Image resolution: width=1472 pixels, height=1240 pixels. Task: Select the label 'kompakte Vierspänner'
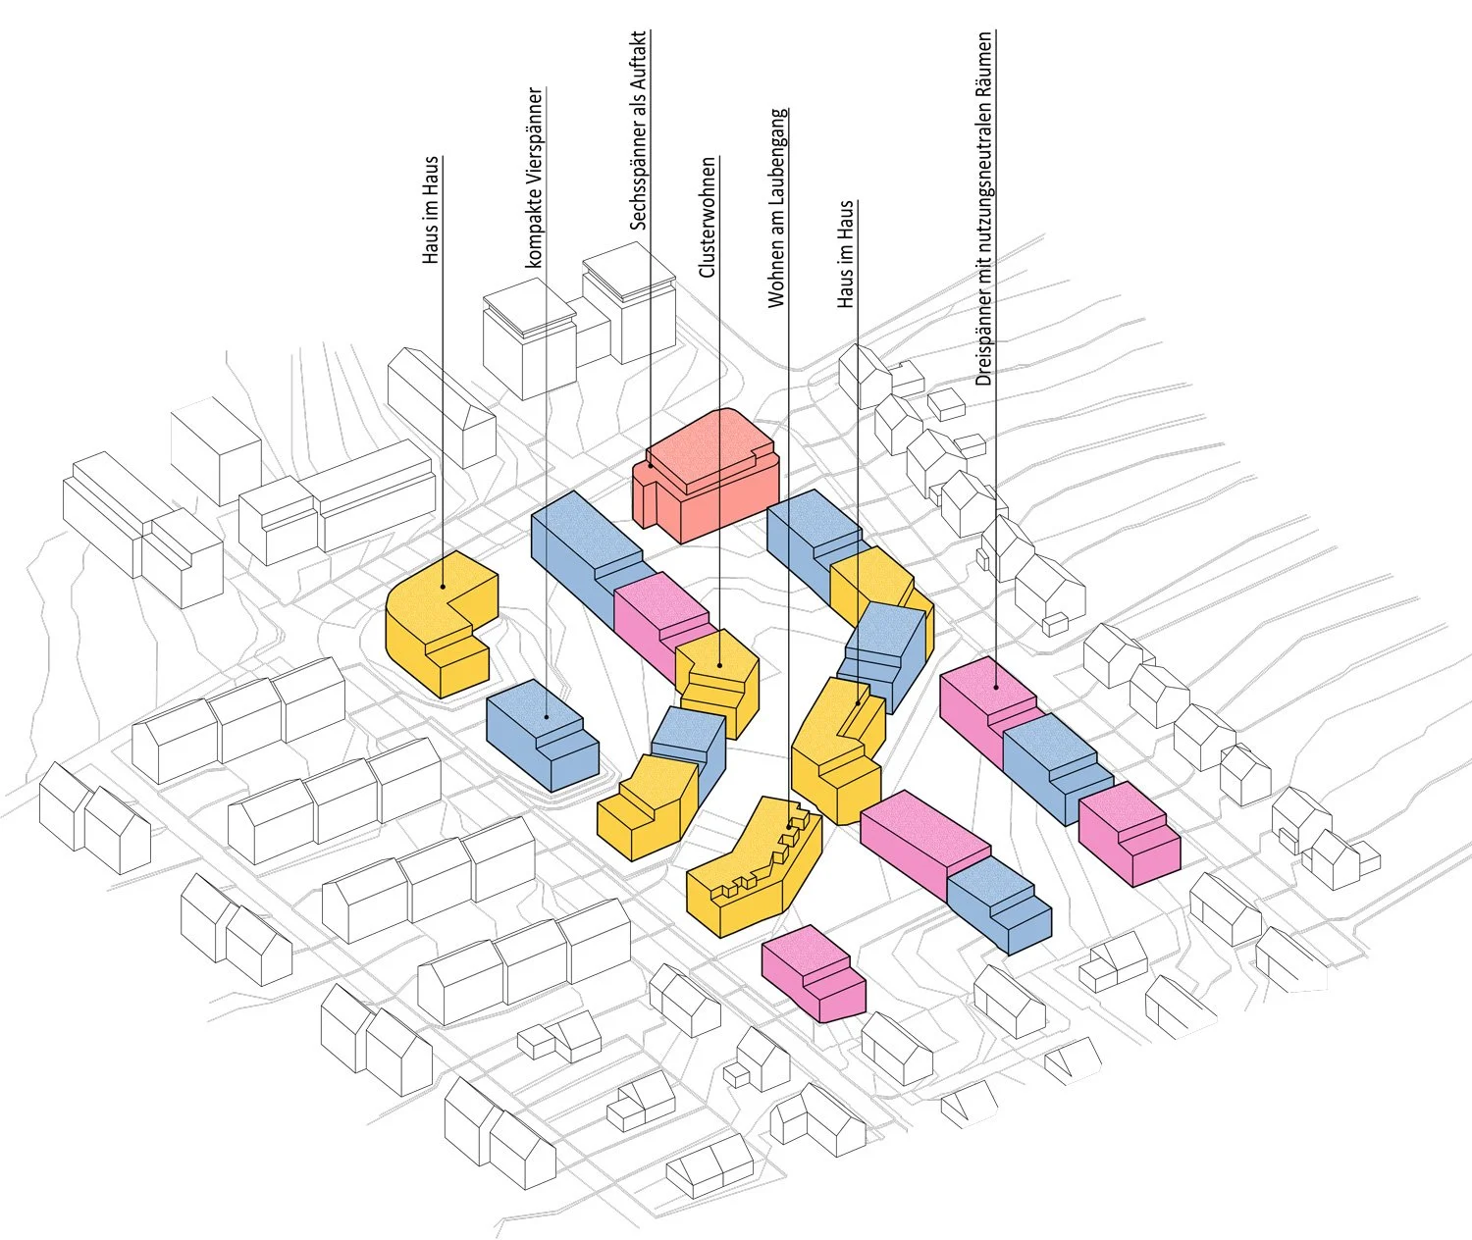[535, 178]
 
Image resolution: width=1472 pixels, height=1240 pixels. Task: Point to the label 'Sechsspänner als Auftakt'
[637, 129]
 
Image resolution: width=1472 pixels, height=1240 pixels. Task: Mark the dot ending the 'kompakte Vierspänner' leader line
[547, 717]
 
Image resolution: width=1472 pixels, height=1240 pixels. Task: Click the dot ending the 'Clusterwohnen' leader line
[719, 665]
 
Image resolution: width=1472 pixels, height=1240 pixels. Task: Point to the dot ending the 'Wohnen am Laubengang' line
[789, 826]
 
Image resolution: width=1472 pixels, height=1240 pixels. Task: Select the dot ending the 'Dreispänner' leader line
[995, 686]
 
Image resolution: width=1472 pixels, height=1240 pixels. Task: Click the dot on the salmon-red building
[651, 465]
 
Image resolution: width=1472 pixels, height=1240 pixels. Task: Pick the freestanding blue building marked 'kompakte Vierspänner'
[542, 735]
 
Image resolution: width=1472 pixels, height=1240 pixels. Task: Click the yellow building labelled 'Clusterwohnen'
[717, 683]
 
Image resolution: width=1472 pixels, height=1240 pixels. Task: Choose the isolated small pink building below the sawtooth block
[814, 973]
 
